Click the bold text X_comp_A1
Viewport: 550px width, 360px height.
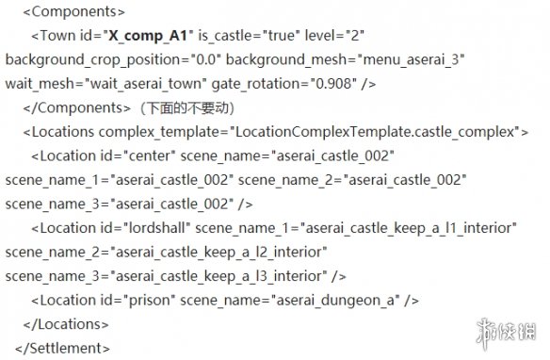tap(148, 36)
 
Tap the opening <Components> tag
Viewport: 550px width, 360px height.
tap(74, 12)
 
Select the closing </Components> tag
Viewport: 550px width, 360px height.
tap(77, 108)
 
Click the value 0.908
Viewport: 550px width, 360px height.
tap(333, 84)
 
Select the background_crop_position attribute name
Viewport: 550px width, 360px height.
tap(93, 60)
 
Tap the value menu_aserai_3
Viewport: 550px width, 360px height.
tap(411, 60)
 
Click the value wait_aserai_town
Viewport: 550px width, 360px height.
tap(146, 84)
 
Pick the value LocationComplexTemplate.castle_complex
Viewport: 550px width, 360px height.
tap(375, 132)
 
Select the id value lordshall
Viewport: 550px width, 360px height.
tap(157, 228)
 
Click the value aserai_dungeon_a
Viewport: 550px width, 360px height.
tap(335, 301)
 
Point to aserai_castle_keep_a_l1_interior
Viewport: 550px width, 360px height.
tap(409, 228)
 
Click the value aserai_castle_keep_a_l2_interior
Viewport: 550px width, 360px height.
tap(218, 253)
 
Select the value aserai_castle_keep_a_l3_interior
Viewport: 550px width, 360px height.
tap(218, 276)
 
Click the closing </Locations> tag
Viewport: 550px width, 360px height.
tap(66, 324)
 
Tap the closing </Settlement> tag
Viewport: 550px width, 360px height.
tap(62, 349)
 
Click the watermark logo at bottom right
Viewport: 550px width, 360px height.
tap(506, 332)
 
